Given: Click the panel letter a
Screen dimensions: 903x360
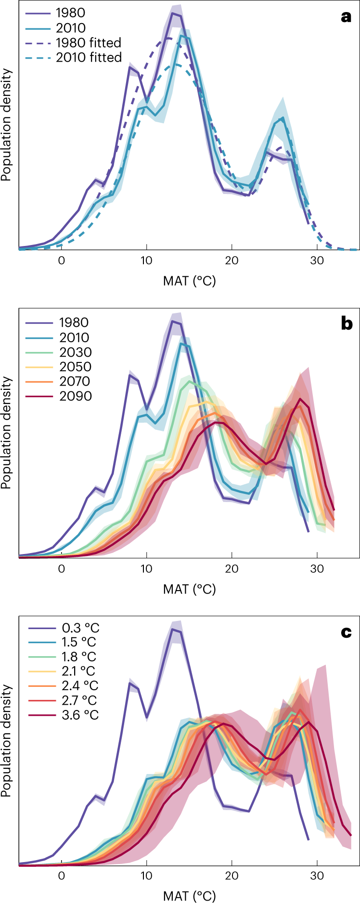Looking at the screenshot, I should tap(346, 18).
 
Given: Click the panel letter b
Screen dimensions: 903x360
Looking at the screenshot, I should tap(346, 324).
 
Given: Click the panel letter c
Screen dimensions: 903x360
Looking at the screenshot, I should tap(346, 632).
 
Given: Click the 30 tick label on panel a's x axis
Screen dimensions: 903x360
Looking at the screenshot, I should tap(317, 261).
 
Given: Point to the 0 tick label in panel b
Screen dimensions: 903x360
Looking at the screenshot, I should tap(61, 569).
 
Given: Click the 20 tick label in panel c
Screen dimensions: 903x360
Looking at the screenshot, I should tap(231, 876).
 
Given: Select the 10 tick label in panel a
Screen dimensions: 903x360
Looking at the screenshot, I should tap(146, 261).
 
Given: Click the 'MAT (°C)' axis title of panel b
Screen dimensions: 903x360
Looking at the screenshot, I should tap(189, 589).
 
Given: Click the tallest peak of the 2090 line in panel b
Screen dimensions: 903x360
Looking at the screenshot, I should tap(300, 399).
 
